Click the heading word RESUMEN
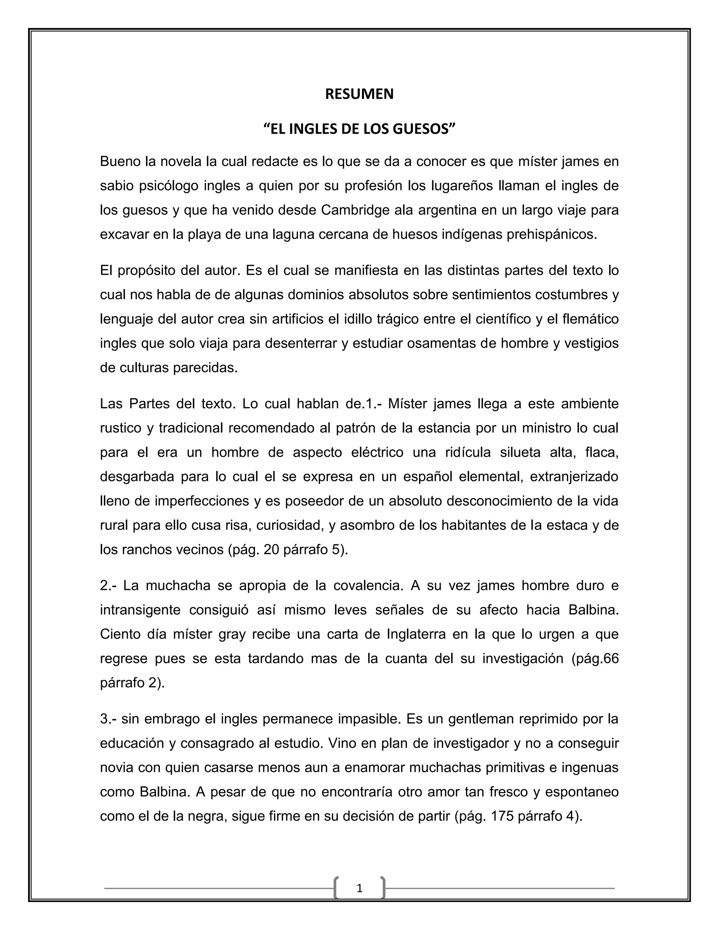(x=359, y=94)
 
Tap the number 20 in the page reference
(x=272, y=550)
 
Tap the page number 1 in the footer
(x=359, y=889)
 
